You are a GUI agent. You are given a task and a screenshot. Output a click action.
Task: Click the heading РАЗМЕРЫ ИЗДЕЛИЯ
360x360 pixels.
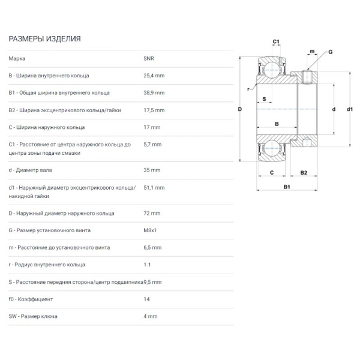click(x=44, y=39)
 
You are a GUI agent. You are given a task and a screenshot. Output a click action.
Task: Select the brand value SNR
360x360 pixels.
click(x=149, y=59)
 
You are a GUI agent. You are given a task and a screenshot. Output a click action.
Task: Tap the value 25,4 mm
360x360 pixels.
click(x=154, y=76)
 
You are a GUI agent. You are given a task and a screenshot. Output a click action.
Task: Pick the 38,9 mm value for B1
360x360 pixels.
click(x=154, y=93)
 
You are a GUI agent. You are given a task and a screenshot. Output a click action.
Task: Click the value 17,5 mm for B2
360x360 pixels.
click(x=154, y=110)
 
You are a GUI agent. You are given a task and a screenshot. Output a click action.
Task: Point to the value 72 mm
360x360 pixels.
click(x=152, y=213)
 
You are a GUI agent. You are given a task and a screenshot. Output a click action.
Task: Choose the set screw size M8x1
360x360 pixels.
click(x=150, y=230)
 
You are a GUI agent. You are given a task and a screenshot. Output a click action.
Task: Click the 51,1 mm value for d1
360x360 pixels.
click(x=154, y=188)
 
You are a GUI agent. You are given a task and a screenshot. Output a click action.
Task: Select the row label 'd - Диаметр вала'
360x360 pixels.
click(x=31, y=170)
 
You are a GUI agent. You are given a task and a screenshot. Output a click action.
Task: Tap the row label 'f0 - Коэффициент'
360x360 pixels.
click(x=31, y=299)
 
